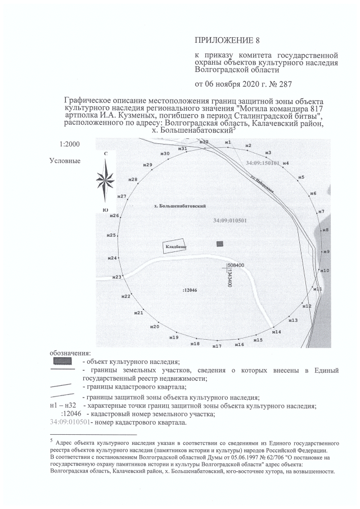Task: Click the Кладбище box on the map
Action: click(x=175, y=247)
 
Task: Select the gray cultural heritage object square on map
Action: click(x=220, y=243)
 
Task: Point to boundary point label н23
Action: click(x=117, y=277)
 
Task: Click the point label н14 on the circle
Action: click(x=277, y=332)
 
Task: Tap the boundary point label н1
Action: click(x=228, y=143)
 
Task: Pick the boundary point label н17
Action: click(x=217, y=346)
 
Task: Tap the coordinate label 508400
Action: click(x=236, y=265)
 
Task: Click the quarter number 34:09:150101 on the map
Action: click(x=263, y=163)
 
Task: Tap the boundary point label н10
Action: click(x=325, y=271)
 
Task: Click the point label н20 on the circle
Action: click(x=155, y=327)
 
